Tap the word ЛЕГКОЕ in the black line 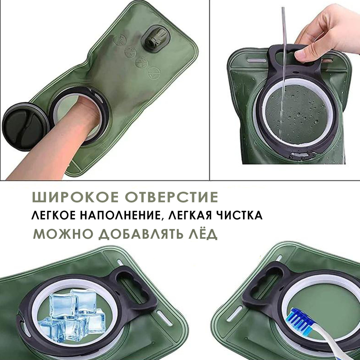(x=53, y=215)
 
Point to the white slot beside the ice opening (x=164, y=318)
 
